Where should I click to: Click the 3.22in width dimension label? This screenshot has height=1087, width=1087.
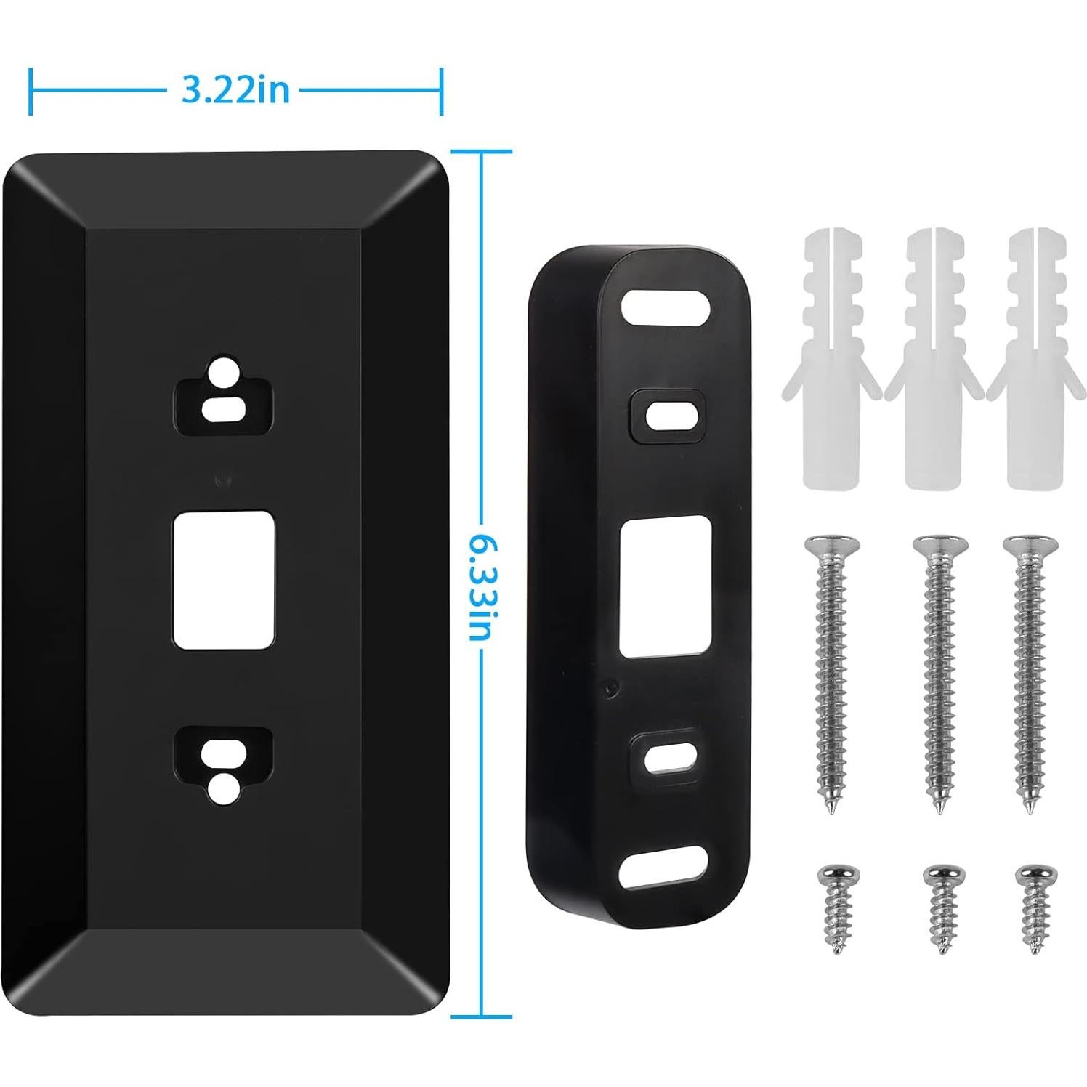235,91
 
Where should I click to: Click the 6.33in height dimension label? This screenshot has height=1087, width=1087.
482,585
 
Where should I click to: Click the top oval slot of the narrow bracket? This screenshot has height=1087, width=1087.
665,308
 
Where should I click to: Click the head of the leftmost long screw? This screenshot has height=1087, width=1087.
831,544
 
